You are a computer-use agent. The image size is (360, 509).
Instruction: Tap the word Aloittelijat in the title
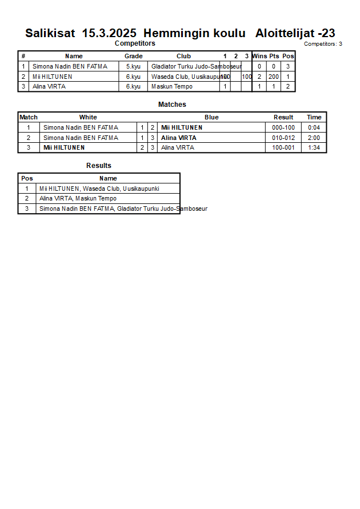pos(285,33)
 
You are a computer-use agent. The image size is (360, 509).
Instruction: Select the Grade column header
pos(133,56)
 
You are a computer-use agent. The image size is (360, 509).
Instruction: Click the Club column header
pos(183,56)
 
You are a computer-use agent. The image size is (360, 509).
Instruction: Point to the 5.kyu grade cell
pos(133,66)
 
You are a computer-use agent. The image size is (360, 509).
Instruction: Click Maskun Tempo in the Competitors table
pos(171,87)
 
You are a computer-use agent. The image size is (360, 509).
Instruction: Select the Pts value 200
pos(274,77)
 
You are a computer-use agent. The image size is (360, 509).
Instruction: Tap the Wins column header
pos(259,56)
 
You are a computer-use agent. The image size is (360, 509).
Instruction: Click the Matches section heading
pos(172,105)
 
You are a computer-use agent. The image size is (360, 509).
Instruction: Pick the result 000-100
pos(283,127)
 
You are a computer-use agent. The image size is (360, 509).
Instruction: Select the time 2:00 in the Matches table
pos(314,138)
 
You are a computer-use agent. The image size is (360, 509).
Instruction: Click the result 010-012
pos(283,138)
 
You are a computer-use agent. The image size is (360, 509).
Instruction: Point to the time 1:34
pos(314,147)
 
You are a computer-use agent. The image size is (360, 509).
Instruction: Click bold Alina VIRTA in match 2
pos(178,138)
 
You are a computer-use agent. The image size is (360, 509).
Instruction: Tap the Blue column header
pos(211,117)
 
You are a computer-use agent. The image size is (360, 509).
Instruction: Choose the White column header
pos(88,117)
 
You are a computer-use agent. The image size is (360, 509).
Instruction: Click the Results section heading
pos(99,166)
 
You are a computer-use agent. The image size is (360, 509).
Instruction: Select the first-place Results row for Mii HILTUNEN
pos(99,189)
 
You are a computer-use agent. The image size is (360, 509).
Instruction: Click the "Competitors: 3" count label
pos(323,44)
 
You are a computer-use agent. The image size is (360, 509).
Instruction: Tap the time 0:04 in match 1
pos(314,127)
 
